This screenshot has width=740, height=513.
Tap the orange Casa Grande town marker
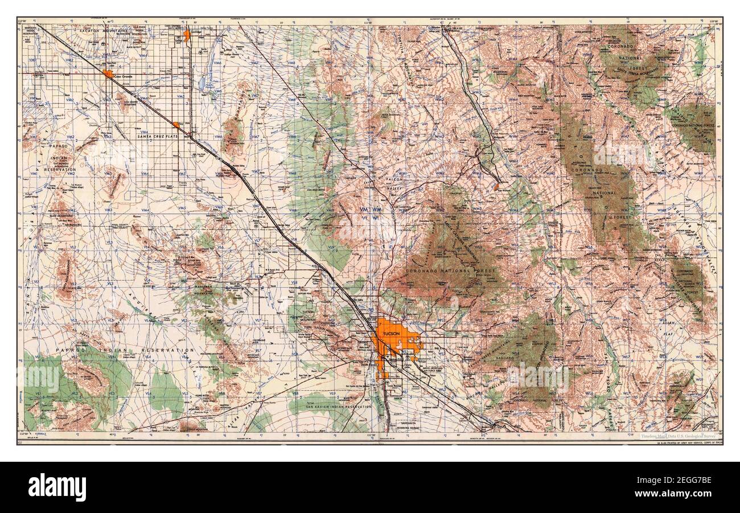[x=108, y=73]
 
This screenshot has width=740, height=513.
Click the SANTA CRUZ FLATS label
[x=155, y=137]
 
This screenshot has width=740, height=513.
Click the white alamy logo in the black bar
[x=57, y=487]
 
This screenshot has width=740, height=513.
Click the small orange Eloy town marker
[x=176, y=124]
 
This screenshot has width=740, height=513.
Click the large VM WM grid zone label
[x=371, y=210]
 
